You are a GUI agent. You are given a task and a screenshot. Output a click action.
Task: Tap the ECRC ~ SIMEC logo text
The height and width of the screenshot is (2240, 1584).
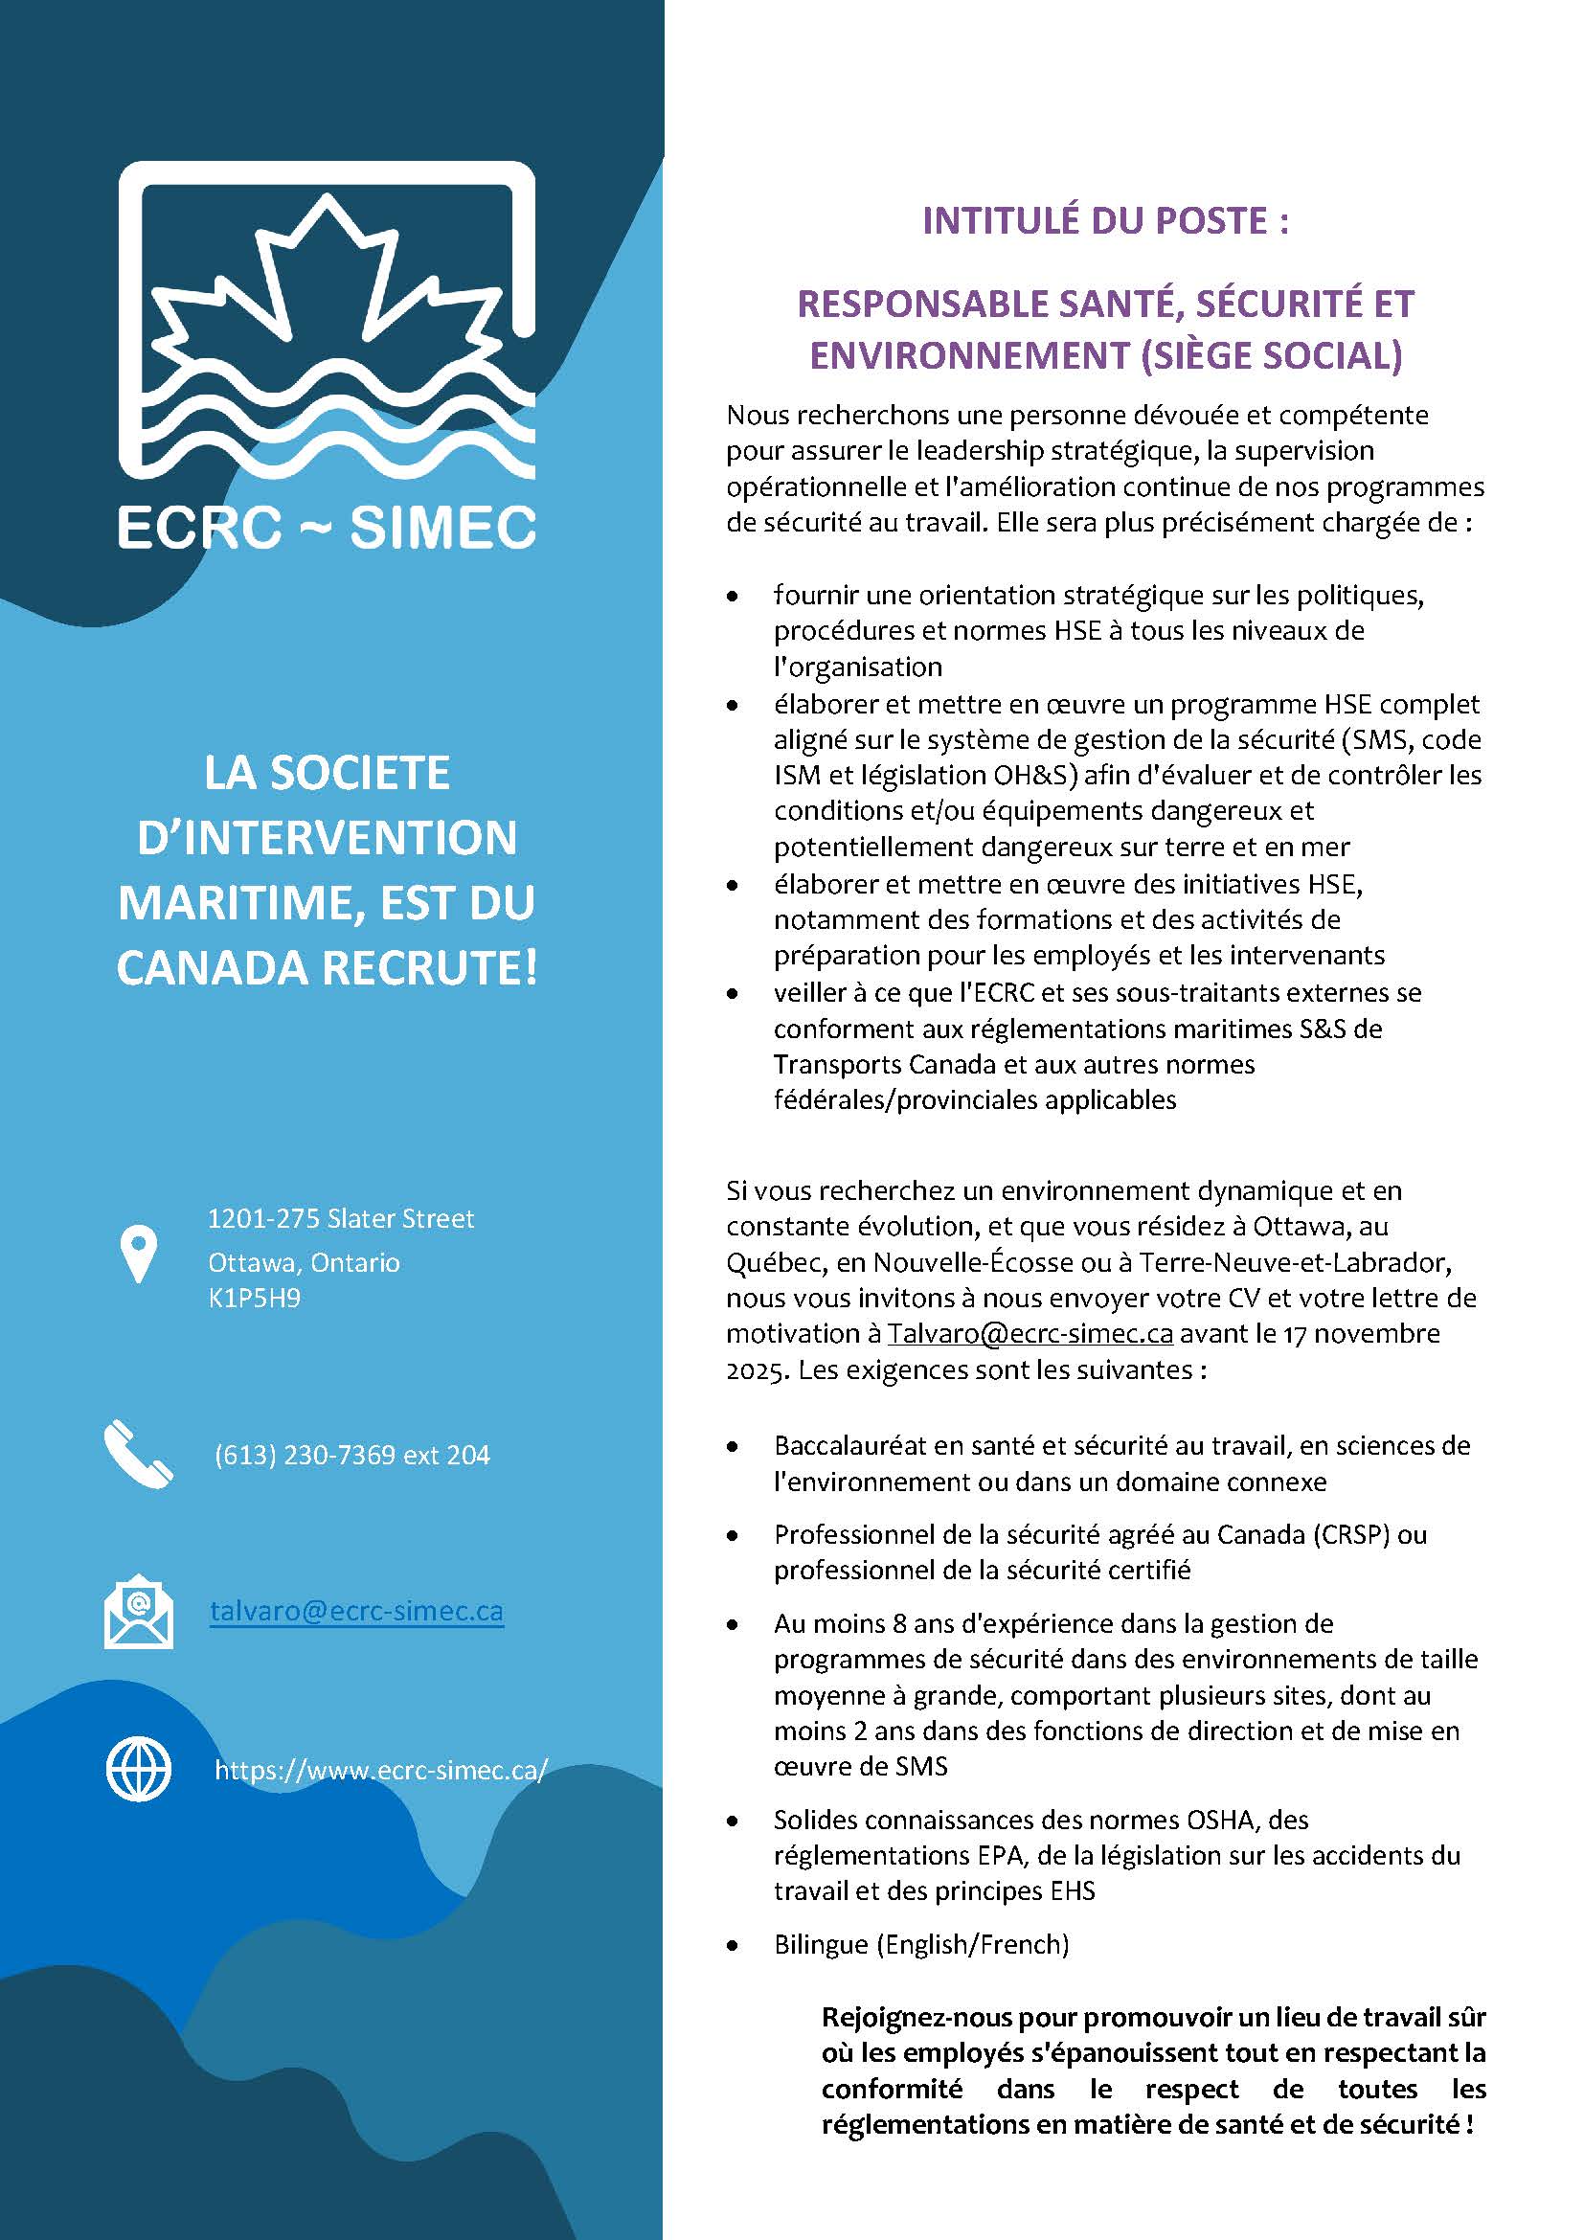point(327,528)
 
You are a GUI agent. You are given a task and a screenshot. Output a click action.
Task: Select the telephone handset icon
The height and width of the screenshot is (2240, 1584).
point(138,1454)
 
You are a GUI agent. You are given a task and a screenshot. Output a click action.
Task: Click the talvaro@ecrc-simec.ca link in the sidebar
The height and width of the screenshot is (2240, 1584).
point(357,1611)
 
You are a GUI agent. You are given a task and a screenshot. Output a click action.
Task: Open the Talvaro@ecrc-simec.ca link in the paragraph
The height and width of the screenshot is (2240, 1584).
point(1030,1334)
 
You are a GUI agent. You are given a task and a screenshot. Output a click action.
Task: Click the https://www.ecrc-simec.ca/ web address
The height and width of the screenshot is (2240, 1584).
point(381,1770)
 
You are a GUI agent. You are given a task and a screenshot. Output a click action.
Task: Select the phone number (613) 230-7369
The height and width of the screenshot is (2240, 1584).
point(305,1455)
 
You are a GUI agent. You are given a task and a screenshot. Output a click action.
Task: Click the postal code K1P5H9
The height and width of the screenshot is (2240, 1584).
point(255,1299)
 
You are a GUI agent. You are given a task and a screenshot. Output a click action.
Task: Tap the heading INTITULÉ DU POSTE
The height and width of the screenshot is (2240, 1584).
point(1105,221)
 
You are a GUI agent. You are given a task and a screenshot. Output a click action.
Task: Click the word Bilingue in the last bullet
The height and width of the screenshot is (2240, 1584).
point(821,1944)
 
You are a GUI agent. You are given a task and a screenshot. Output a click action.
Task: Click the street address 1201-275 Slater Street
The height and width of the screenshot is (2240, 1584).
point(341,1218)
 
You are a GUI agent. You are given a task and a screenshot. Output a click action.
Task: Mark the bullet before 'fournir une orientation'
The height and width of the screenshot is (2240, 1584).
point(733,595)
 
